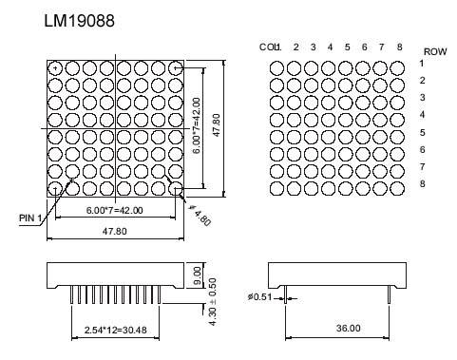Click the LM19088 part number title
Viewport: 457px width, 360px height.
79,21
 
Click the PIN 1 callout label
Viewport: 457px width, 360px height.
30,218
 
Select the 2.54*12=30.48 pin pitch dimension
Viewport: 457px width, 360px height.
116,331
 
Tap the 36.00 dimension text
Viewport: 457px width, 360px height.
348,328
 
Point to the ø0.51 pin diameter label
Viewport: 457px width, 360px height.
259,297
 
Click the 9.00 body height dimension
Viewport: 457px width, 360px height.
197,275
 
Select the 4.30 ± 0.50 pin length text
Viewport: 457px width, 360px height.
213,302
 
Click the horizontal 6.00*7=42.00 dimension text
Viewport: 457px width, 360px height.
115,210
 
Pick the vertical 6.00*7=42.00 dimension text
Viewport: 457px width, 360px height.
197,125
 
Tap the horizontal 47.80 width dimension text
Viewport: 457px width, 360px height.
115,231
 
